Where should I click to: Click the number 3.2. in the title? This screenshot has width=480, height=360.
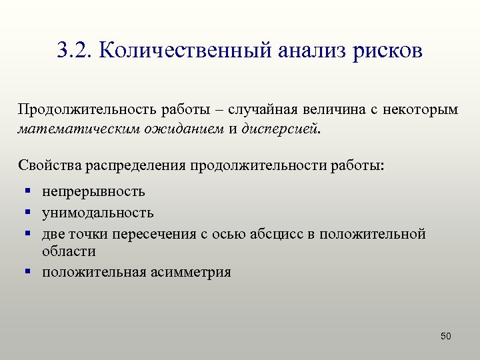[x=75, y=51]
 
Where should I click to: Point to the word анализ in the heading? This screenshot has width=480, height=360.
[x=309, y=51]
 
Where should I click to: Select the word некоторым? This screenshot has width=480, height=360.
[x=421, y=109]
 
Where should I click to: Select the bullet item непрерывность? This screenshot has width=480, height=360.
[x=93, y=192]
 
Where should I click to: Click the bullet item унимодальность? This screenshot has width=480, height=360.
[x=98, y=213]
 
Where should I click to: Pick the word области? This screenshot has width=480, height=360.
[x=69, y=251]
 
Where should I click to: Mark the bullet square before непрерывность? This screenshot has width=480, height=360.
[x=29, y=192]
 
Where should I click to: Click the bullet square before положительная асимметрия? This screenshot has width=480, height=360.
[x=29, y=271]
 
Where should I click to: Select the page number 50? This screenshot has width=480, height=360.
[x=446, y=336]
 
